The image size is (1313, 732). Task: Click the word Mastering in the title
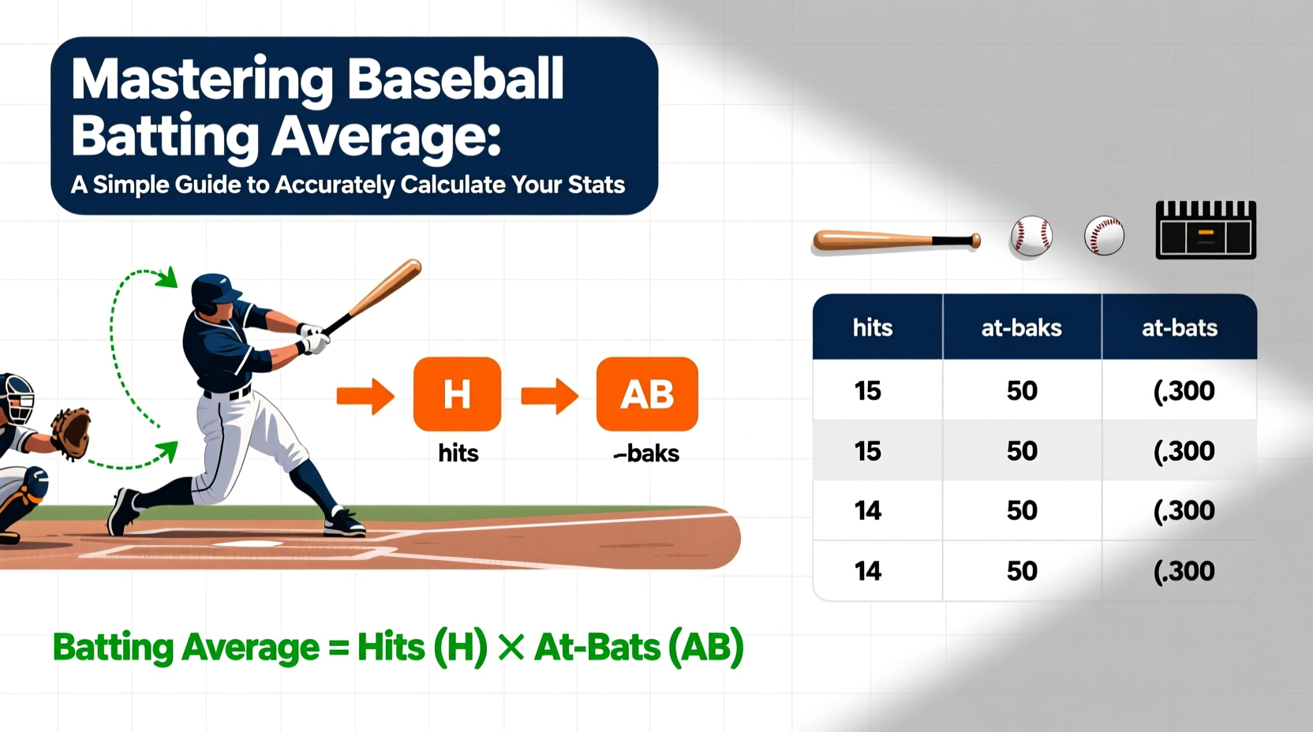pyautogui.click(x=202, y=80)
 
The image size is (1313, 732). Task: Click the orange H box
pyautogui.click(x=457, y=394)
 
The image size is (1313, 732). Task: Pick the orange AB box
pyautogui.click(x=647, y=394)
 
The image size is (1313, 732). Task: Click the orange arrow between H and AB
pyautogui.click(x=549, y=395)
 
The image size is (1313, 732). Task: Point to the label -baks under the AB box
pyautogui.click(x=646, y=454)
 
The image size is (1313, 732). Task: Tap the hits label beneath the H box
pyautogui.click(x=458, y=454)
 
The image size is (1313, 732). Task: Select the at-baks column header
pyautogui.click(x=1021, y=328)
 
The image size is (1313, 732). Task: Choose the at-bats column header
pyautogui.click(x=1179, y=328)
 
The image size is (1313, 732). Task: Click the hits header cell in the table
pyautogui.click(x=872, y=328)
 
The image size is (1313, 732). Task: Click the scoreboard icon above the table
pyautogui.click(x=1205, y=230)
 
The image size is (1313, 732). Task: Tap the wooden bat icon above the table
pyautogui.click(x=896, y=240)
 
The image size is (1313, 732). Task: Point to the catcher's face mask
pyautogui.click(x=17, y=399)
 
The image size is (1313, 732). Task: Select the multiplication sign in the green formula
pyautogui.click(x=511, y=648)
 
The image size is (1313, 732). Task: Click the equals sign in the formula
pyautogui.click(x=338, y=648)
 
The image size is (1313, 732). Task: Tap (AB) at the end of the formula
pyautogui.click(x=705, y=648)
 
